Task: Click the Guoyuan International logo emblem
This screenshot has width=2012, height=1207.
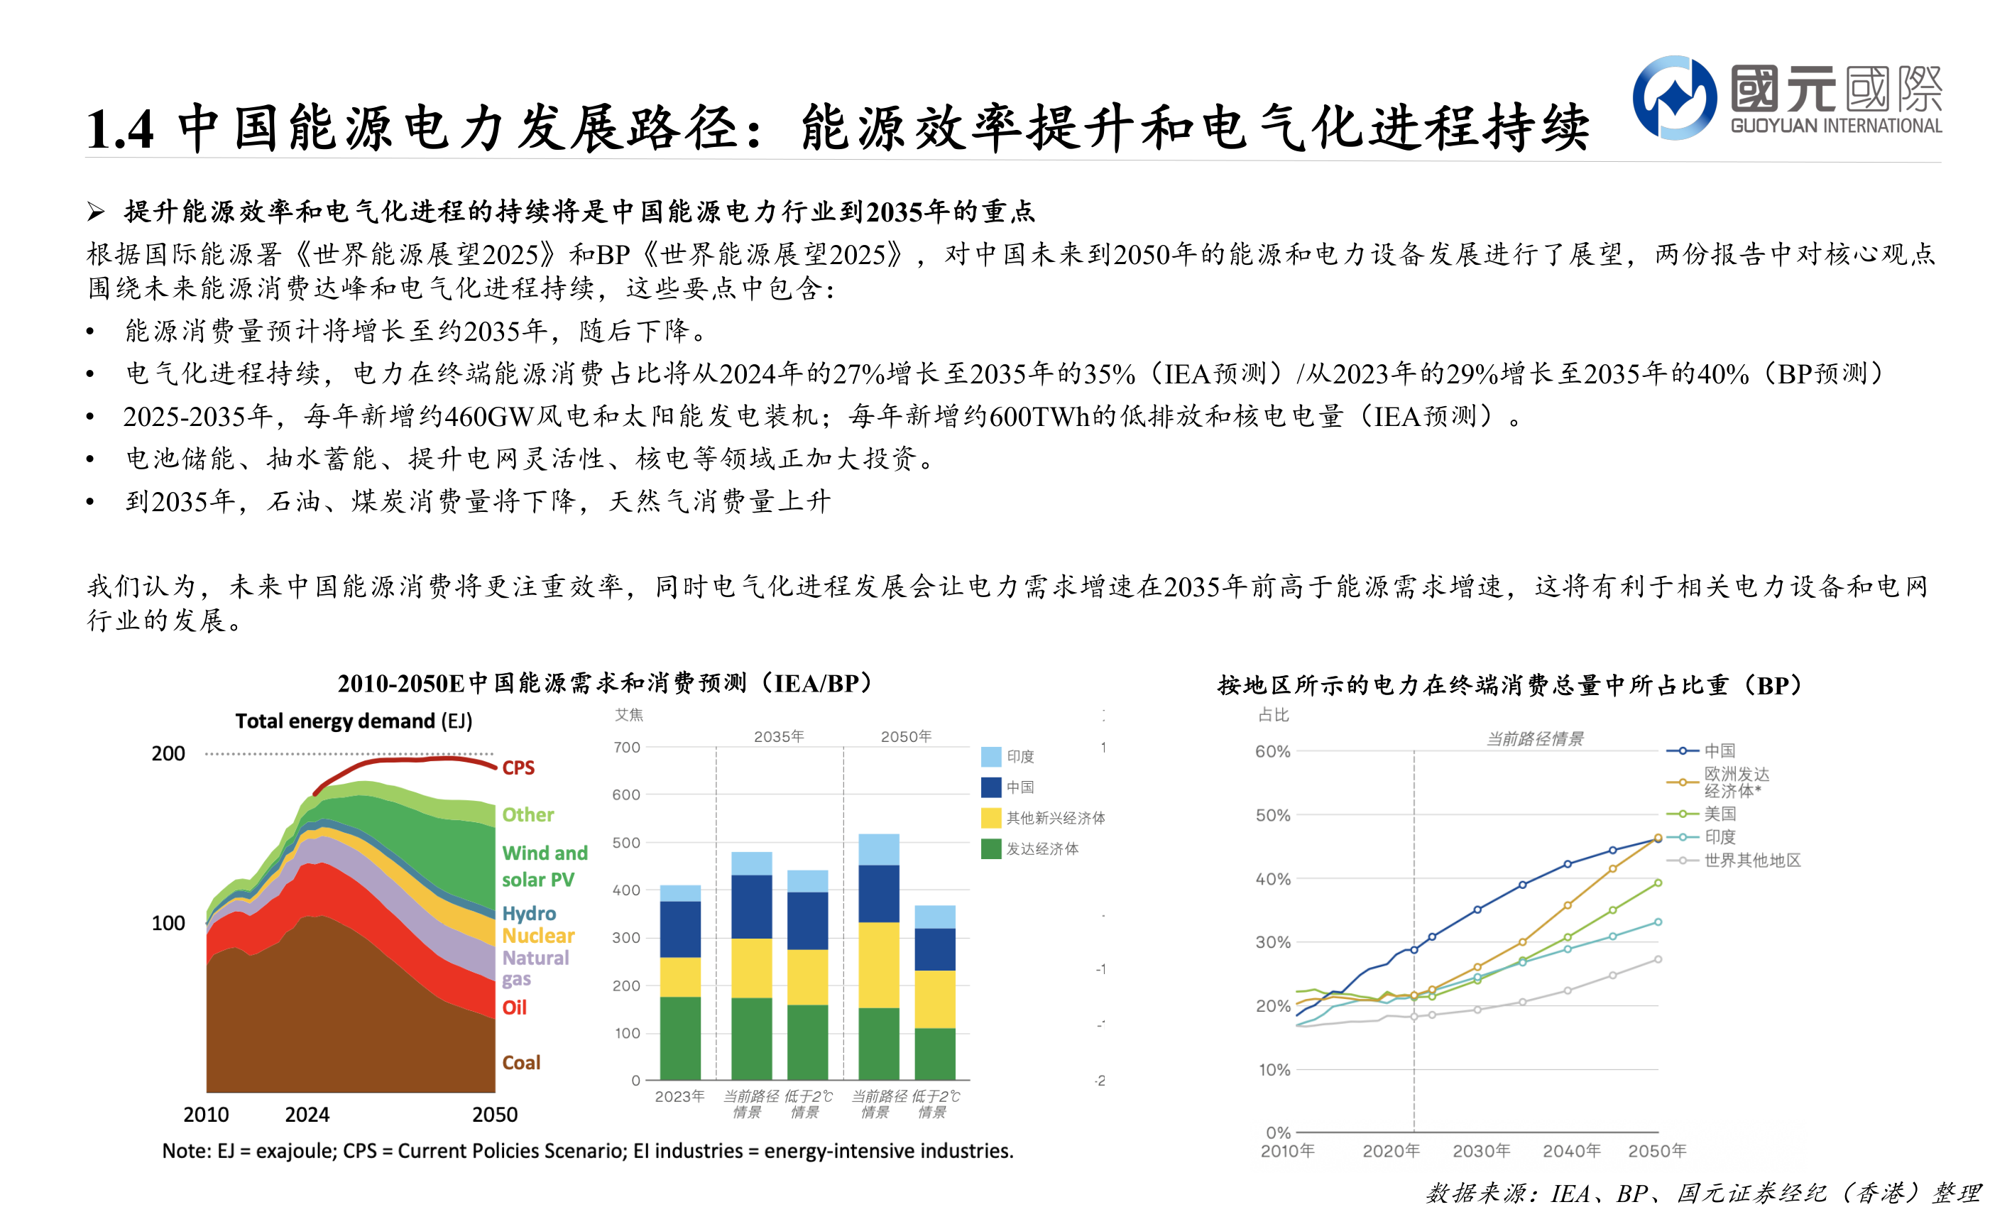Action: click(x=1673, y=97)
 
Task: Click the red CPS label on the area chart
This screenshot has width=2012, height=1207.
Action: click(x=518, y=768)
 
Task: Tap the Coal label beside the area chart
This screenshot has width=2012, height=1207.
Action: click(x=521, y=1062)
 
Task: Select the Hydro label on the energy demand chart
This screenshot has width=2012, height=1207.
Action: click(x=529, y=913)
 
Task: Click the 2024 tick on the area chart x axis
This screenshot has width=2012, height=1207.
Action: click(x=307, y=1114)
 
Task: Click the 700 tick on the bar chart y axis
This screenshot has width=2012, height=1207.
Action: click(x=626, y=747)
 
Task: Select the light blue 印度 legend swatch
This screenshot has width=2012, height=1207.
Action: click(x=990, y=756)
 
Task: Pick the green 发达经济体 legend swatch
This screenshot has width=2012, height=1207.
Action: click(x=990, y=849)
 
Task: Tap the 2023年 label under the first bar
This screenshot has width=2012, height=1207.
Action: click(x=680, y=1096)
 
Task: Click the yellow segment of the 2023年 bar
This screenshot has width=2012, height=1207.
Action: click(x=680, y=977)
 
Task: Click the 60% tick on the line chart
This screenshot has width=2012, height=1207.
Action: click(x=1272, y=751)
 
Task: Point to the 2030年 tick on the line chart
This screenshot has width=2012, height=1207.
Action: click(x=1481, y=1151)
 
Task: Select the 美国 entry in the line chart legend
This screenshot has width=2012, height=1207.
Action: click(x=1720, y=814)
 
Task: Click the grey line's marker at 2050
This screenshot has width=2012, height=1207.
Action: click(x=1658, y=960)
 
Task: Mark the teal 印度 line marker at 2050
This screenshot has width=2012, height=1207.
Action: click(x=1658, y=922)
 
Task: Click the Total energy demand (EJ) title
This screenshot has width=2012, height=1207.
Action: click(x=354, y=721)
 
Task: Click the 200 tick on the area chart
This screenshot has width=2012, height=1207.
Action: click(x=168, y=753)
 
